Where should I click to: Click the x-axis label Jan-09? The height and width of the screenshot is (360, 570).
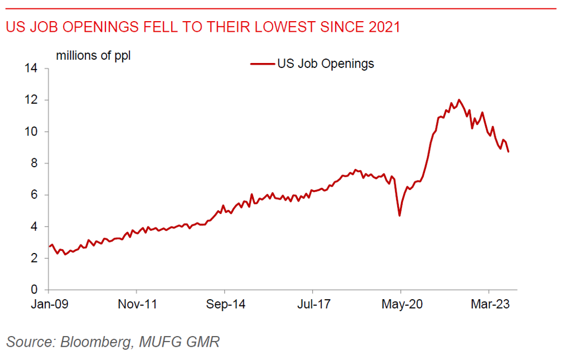coord(49,305)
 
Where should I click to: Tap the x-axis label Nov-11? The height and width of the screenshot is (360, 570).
coord(137,305)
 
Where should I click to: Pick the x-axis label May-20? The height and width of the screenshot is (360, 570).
coord(400,305)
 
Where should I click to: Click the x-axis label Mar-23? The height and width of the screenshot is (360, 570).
coord(489,305)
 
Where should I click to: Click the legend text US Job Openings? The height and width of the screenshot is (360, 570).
coord(326,64)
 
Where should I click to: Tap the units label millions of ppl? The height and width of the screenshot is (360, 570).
coord(93,56)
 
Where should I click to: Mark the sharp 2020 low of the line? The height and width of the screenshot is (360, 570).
coord(399,215)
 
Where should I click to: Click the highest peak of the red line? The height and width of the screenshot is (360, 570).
coord(459,100)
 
